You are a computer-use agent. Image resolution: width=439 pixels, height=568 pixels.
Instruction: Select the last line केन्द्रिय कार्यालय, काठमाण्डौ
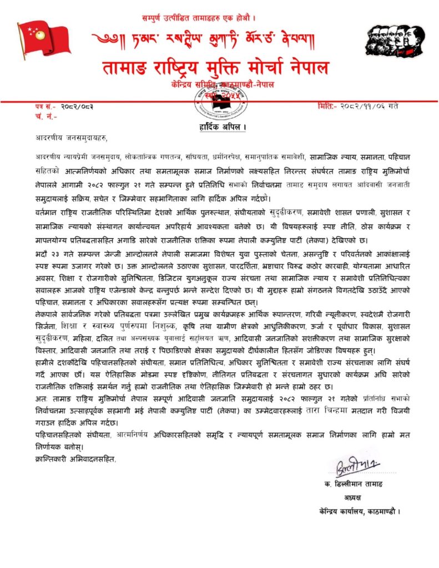pos(360,511)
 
